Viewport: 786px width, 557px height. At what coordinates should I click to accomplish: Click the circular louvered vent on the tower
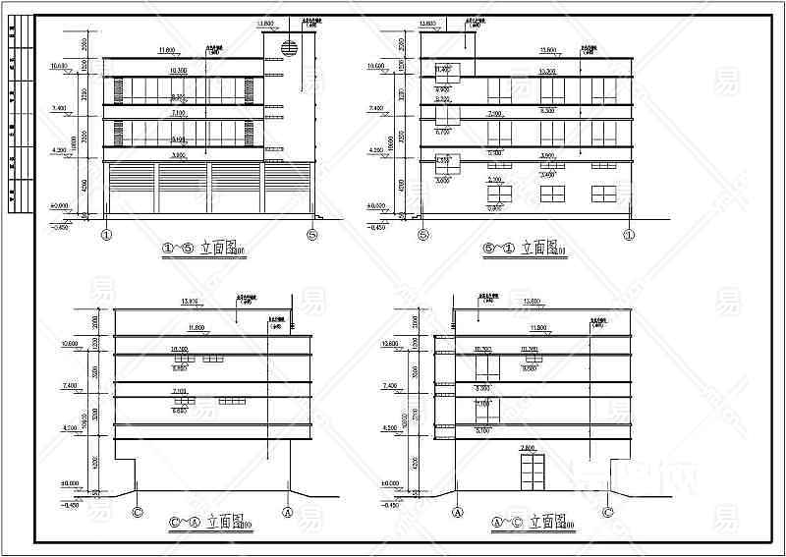(291, 48)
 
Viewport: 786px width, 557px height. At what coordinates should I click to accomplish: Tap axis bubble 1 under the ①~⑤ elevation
(106, 234)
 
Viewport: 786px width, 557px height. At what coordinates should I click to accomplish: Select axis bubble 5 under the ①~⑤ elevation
(312, 234)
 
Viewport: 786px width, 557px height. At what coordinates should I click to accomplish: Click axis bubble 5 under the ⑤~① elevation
(423, 234)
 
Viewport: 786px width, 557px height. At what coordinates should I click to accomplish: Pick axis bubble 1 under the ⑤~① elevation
(630, 234)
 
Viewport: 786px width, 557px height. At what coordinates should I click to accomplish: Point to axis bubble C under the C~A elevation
(137, 511)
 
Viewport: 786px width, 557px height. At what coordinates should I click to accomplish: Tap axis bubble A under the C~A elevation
(288, 511)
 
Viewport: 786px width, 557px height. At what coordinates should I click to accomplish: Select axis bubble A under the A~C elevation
(457, 511)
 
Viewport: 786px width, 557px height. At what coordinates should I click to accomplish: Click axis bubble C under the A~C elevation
(608, 511)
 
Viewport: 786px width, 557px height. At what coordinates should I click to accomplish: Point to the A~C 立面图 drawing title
(534, 527)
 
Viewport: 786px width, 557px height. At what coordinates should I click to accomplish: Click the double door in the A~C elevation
(532, 472)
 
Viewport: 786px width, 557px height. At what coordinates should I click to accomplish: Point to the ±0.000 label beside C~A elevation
(69, 483)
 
